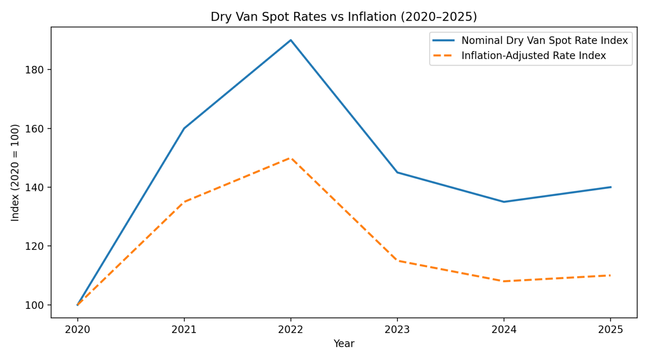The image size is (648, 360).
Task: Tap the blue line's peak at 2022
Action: (x=291, y=40)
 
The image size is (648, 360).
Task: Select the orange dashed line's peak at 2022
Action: (x=291, y=158)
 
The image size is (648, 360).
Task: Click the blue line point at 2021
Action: (x=184, y=128)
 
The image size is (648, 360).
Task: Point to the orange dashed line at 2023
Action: (x=397, y=261)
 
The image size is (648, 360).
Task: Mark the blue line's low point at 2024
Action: (x=504, y=202)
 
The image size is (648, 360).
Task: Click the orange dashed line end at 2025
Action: (x=610, y=275)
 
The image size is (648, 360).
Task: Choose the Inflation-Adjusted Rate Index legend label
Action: (x=533, y=56)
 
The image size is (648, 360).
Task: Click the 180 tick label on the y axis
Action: (x=34, y=70)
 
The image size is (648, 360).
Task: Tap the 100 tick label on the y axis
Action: (x=34, y=305)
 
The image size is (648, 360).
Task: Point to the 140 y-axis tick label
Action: (x=34, y=187)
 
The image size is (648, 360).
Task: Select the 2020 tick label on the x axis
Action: (x=78, y=330)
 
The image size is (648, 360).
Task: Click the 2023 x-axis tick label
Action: (x=397, y=330)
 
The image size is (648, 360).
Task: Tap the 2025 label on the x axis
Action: (x=610, y=330)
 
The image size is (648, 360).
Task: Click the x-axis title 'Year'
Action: (x=344, y=344)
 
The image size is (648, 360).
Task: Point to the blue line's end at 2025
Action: (x=610, y=187)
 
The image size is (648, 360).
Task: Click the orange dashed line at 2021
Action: (x=184, y=202)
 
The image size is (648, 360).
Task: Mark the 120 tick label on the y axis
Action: (x=34, y=246)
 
